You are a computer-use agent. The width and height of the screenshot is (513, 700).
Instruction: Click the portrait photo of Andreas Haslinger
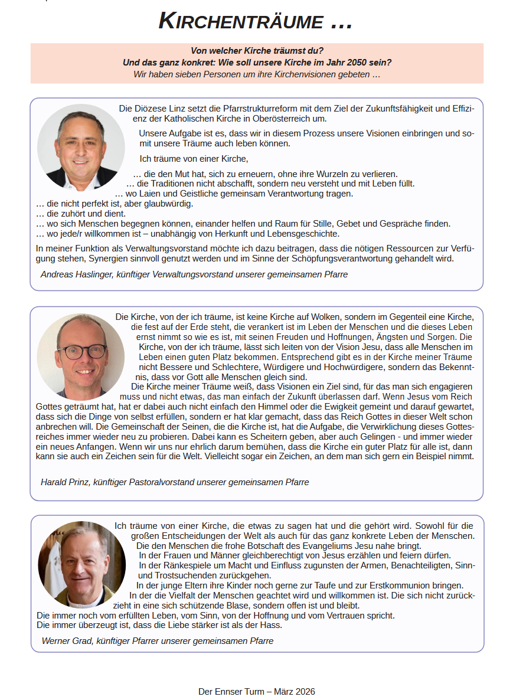pos(81,148)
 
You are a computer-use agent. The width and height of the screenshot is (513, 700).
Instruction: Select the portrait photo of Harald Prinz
pos(81,356)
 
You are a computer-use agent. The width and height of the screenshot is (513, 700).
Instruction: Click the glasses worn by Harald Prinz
pos(82,351)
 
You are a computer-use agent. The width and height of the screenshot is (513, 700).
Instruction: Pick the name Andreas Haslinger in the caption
pos(77,274)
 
